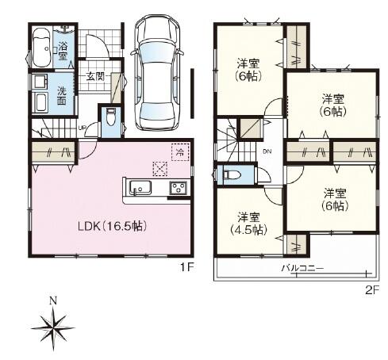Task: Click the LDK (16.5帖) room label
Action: [x=112, y=226]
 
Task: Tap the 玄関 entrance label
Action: [x=95, y=76]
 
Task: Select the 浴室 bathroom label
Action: [x=63, y=51]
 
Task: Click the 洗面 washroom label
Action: [x=62, y=96]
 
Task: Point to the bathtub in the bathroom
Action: [x=41, y=48]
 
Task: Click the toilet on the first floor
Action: [x=110, y=117]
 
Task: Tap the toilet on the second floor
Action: [x=232, y=174]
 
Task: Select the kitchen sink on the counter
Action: [x=140, y=188]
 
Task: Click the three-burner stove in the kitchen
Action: [x=179, y=189]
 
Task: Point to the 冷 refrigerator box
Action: [x=180, y=152]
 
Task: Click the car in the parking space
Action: [x=156, y=72]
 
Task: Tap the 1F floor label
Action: [x=187, y=268]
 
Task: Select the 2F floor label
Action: [x=372, y=291]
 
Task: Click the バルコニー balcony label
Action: [x=302, y=268]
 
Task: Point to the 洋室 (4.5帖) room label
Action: [x=248, y=224]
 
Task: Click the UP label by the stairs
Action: [x=83, y=128]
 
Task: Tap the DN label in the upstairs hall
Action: [x=267, y=151]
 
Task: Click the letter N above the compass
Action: [x=54, y=301]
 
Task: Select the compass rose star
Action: [x=53, y=328]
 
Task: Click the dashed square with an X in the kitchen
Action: [x=160, y=169]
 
